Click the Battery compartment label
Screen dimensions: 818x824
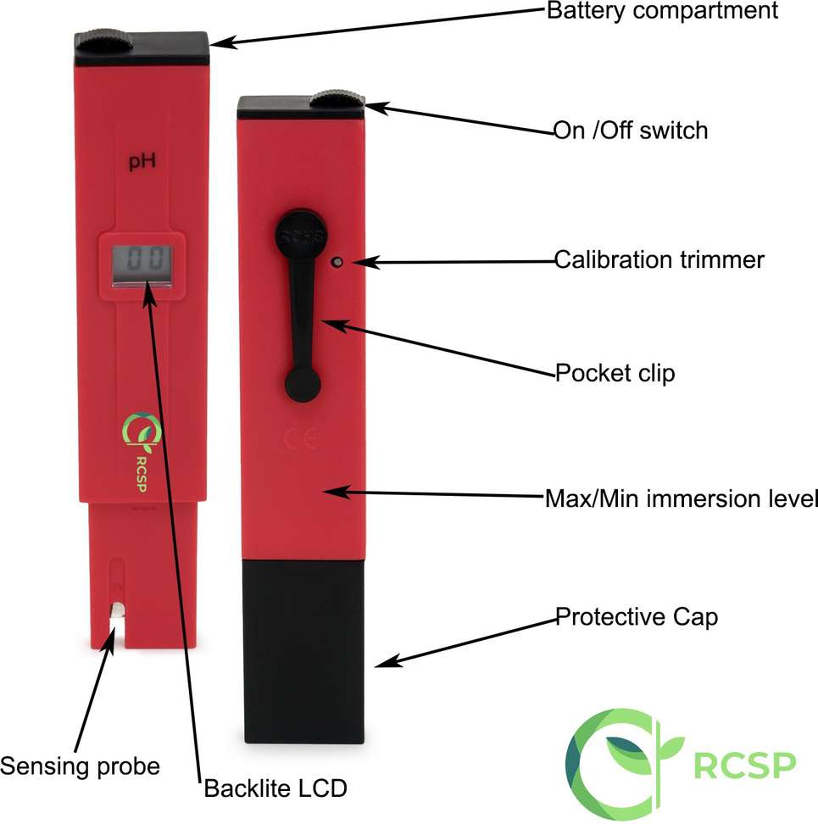tap(662, 12)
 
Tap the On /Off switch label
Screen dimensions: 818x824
tap(631, 131)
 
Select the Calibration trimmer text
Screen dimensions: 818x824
tap(659, 259)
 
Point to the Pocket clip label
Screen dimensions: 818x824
tap(615, 373)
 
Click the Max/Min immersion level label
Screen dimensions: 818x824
tap(682, 498)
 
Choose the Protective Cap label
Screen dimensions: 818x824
tap(637, 617)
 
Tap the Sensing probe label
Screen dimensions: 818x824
tap(80, 766)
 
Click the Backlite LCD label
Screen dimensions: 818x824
tap(275, 788)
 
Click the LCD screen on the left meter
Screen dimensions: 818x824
tap(142, 264)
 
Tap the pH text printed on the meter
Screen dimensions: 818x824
tap(142, 161)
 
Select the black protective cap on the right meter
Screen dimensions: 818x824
tap(303, 652)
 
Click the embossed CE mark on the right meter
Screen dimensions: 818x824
tap(301, 439)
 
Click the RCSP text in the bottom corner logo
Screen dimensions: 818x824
tap(744, 766)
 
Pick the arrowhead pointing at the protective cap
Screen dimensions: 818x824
tap(387, 662)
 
